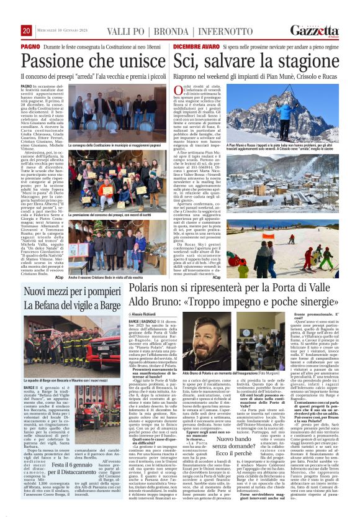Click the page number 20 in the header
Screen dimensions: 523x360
click(x=26, y=31)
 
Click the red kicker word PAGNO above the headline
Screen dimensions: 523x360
click(x=30, y=47)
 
